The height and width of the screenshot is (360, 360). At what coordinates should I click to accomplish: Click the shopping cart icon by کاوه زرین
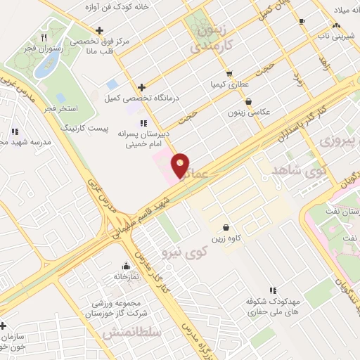[x=226, y=227]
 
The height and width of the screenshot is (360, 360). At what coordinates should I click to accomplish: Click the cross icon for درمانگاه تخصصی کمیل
[x=142, y=88]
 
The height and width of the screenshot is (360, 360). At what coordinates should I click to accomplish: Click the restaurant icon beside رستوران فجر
[x=44, y=37]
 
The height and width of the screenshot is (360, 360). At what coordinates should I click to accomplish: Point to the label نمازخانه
[x=126, y=276]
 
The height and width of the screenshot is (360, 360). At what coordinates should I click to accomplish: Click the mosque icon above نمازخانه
[x=126, y=266]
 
